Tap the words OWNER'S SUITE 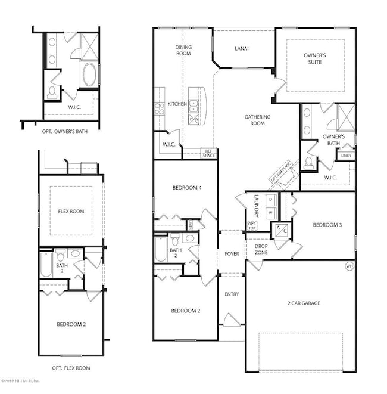tap(315, 58)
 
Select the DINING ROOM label tap(183, 50)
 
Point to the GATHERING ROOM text tap(257, 120)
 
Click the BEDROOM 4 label tap(186, 188)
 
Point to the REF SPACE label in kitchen tap(208, 153)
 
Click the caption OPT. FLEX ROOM tap(71, 368)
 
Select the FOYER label tap(232, 254)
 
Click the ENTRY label tap(231, 294)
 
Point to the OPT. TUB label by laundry tap(252, 225)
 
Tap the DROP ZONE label tap(260, 249)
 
